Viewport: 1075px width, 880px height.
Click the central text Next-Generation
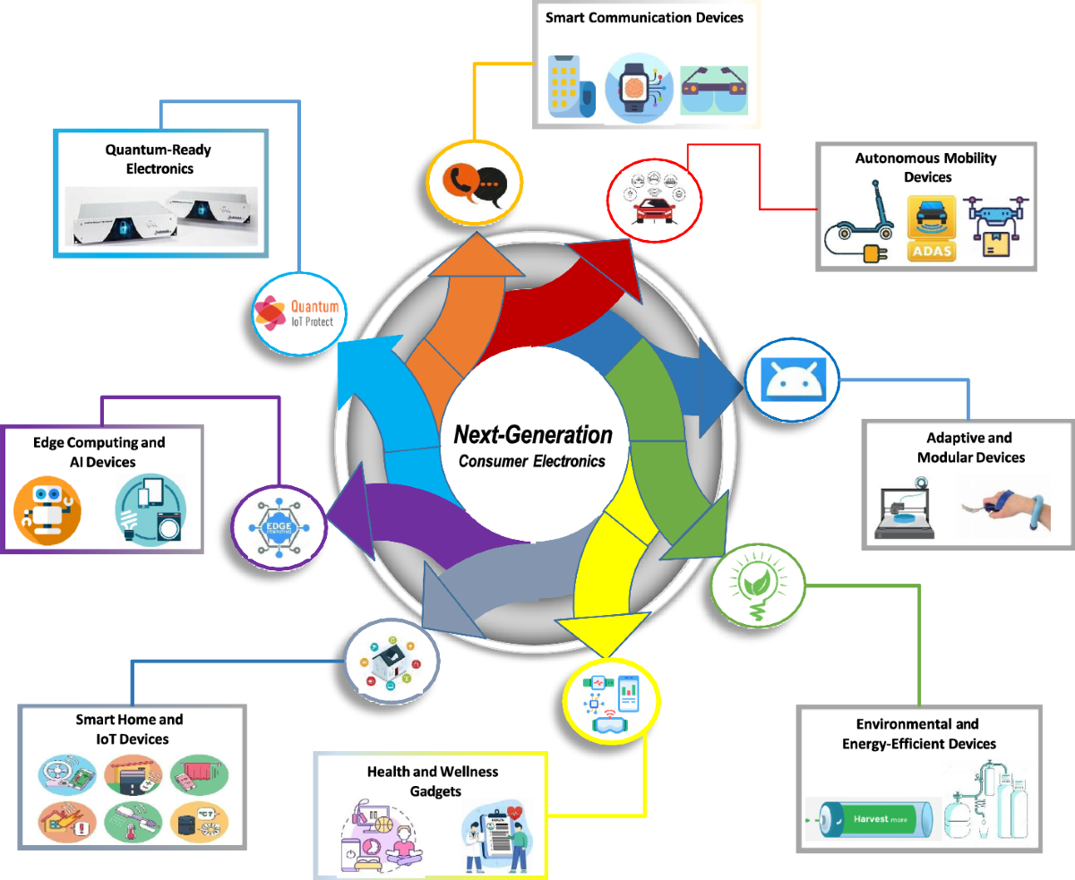(533, 435)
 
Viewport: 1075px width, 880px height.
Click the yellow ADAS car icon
(931, 230)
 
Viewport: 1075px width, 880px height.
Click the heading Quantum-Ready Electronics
(158, 159)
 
